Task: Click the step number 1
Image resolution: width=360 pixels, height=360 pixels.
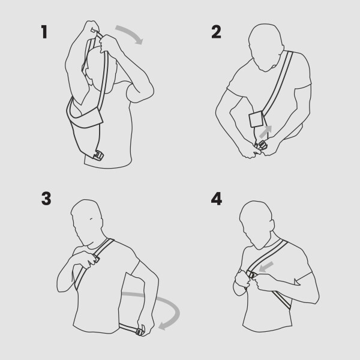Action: coord(44,32)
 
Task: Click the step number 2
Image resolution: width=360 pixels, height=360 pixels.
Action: coord(217,32)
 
